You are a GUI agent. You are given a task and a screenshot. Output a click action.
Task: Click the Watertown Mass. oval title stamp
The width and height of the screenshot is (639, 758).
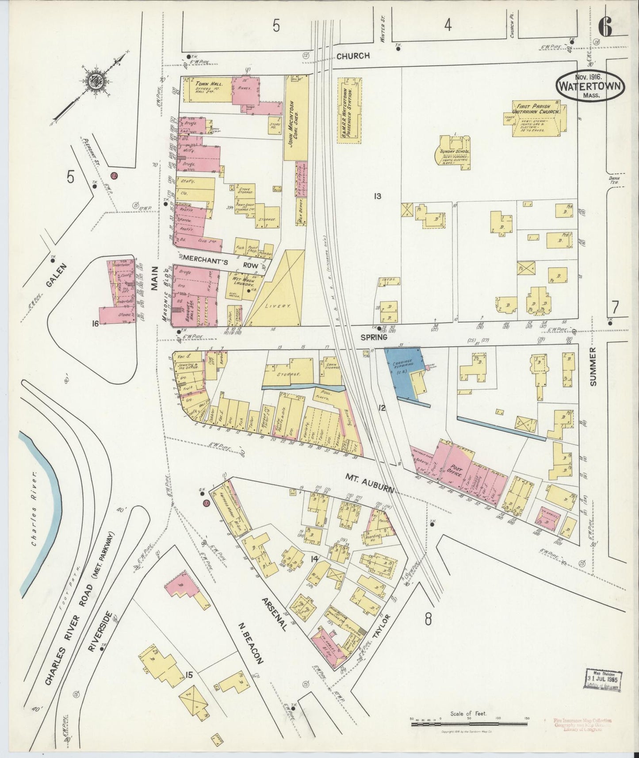[590, 86]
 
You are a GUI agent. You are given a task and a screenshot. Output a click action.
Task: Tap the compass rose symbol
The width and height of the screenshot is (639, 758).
[95, 81]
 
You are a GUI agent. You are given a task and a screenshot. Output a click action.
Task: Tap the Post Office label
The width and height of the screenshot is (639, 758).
[456, 474]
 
